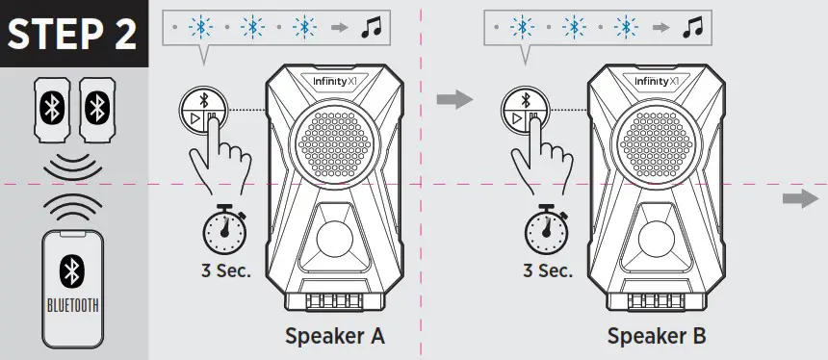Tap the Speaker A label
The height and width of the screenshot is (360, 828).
click(x=334, y=337)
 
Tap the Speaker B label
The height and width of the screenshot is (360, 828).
click(x=657, y=337)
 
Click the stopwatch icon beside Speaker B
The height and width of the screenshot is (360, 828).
click(x=545, y=229)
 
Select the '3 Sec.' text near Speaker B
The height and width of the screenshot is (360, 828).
click(x=546, y=270)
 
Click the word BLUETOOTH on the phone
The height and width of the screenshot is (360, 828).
click(x=73, y=308)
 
